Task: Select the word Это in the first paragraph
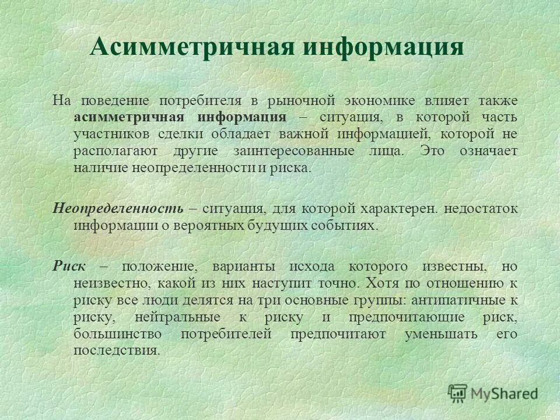[x=432, y=151]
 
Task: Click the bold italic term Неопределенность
[x=118, y=208]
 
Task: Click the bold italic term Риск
[x=69, y=267]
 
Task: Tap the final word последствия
[x=116, y=351]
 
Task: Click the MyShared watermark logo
[x=493, y=393]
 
